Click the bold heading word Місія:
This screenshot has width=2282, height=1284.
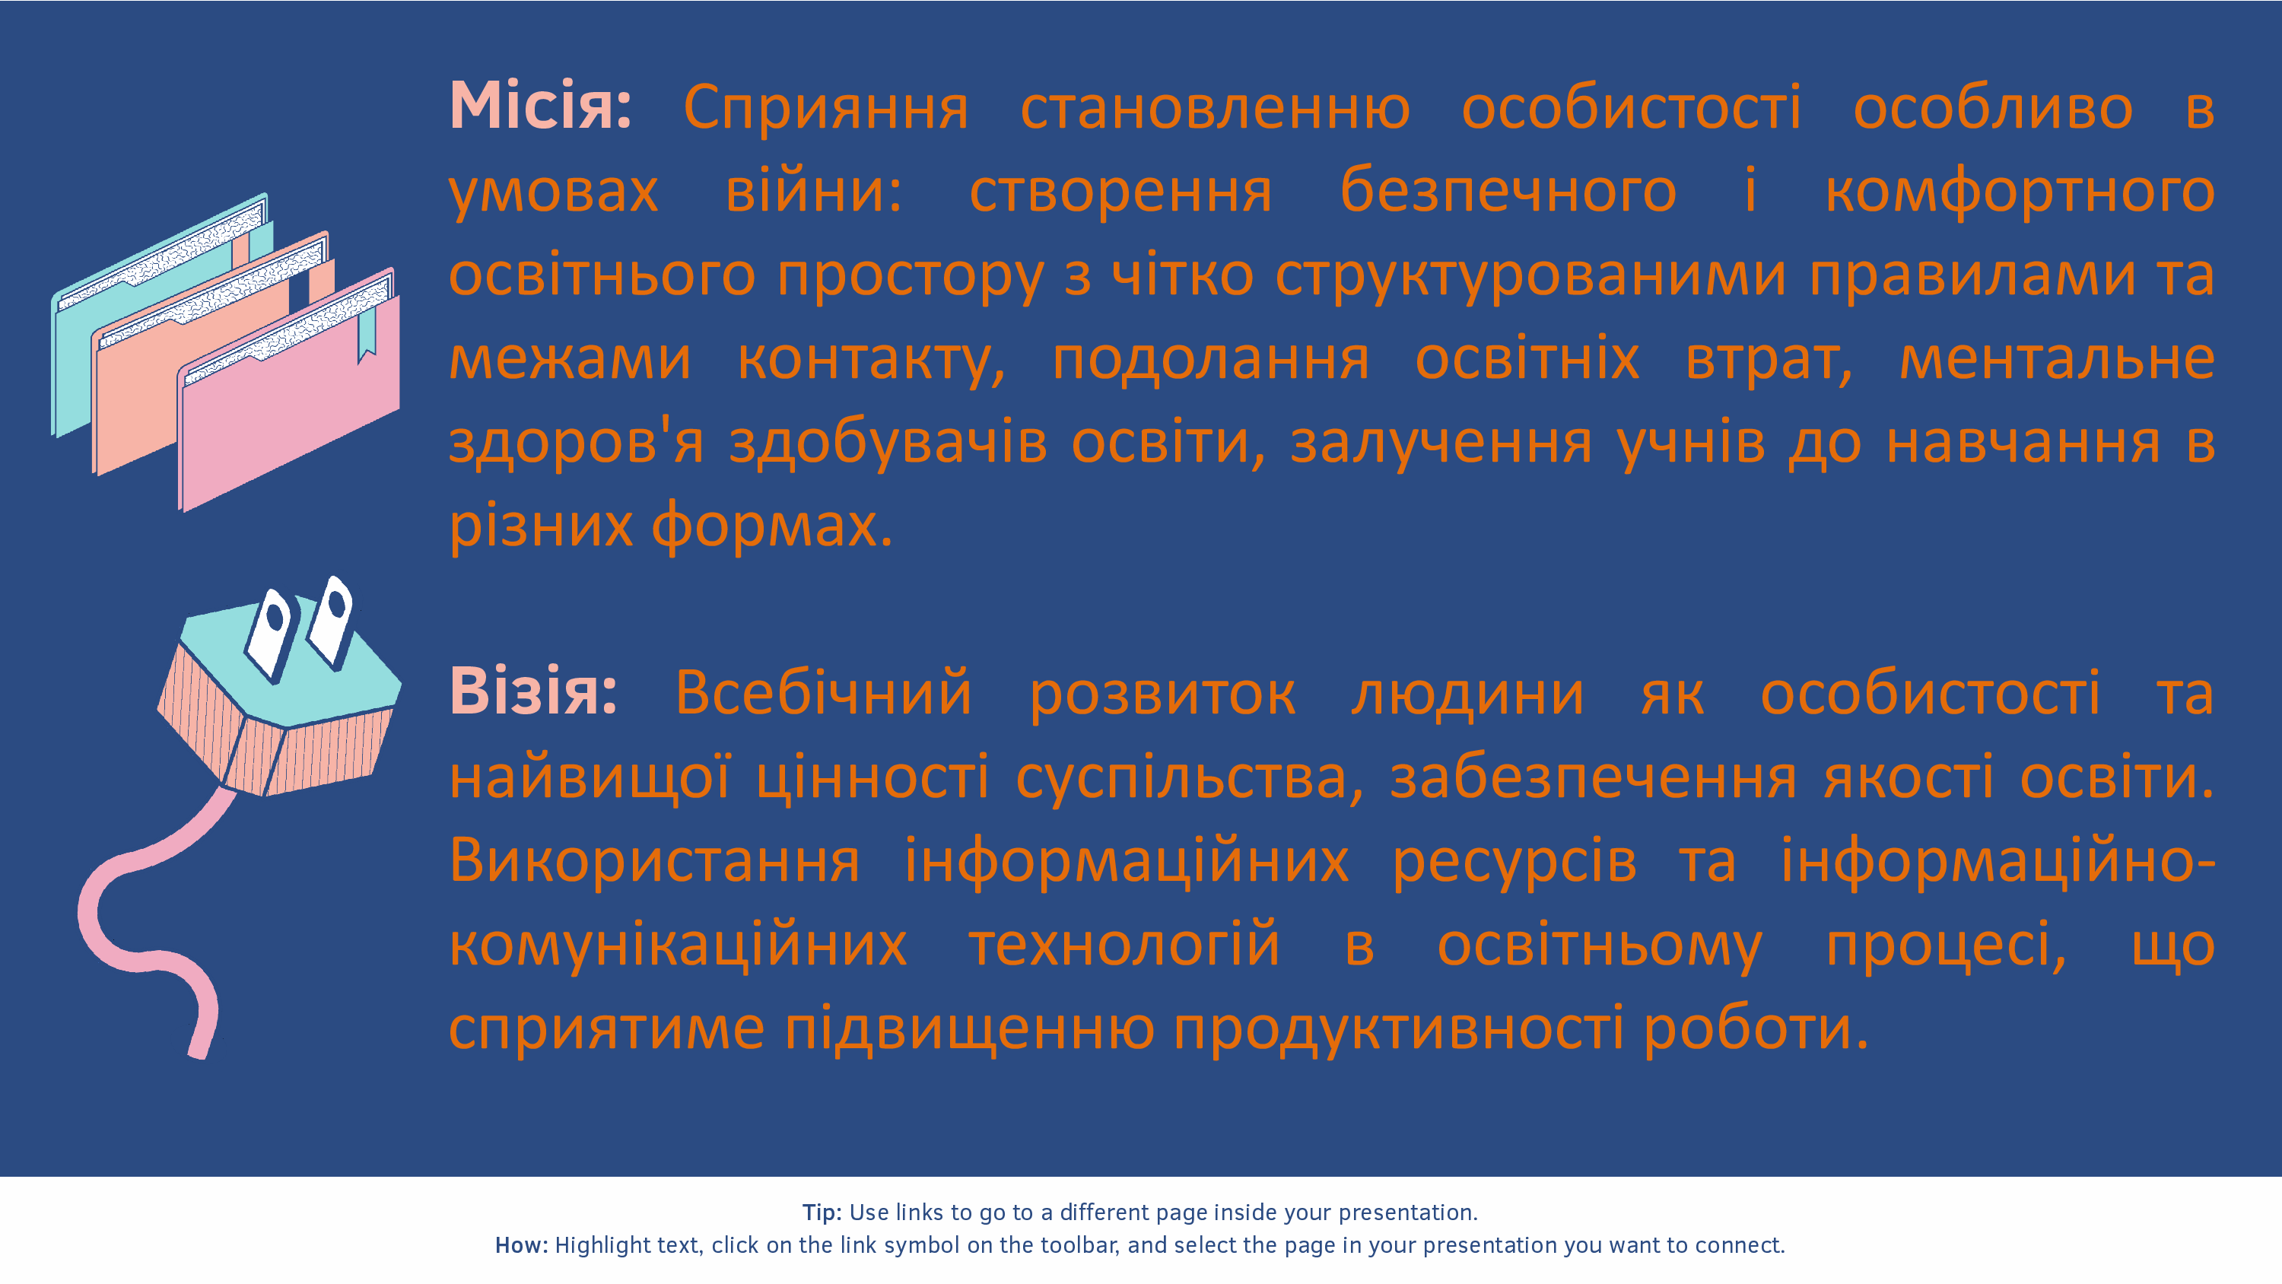coord(540,106)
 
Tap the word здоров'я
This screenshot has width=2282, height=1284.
coord(577,443)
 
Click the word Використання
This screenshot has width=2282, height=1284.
coord(655,862)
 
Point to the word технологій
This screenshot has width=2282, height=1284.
coord(1124,944)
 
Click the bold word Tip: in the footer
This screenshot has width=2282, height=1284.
coord(822,1212)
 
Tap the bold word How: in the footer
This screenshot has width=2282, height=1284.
coord(522,1245)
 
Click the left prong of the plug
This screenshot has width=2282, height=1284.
coord(269,634)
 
